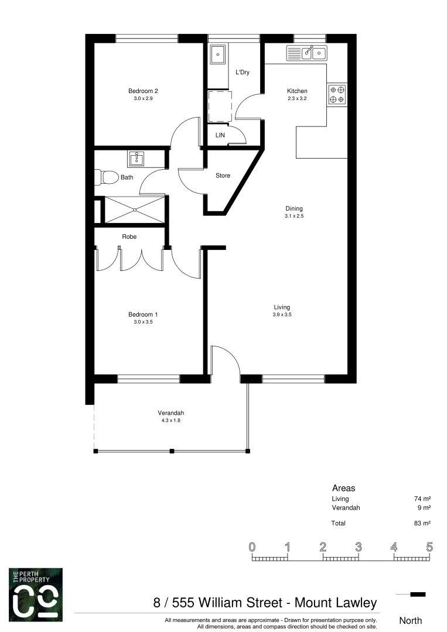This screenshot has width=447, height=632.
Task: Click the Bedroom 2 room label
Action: (143, 91)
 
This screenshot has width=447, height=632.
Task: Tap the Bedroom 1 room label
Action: (143, 314)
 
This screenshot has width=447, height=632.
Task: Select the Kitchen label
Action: (296, 91)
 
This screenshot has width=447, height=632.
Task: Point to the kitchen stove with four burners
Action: (337, 95)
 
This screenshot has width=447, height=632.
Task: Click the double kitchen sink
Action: (306, 54)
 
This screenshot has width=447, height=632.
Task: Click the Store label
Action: (223, 176)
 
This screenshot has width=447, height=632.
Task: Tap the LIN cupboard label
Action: (220, 135)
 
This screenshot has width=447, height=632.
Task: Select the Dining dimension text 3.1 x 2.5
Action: (294, 217)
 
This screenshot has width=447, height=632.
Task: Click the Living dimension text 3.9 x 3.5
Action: (282, 315)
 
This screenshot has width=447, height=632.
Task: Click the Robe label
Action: (129, 237)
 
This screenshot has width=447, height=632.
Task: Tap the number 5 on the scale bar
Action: (429, 548)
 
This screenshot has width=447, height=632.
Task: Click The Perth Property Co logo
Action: (35, 595)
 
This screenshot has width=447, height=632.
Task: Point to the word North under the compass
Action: (410, 620)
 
